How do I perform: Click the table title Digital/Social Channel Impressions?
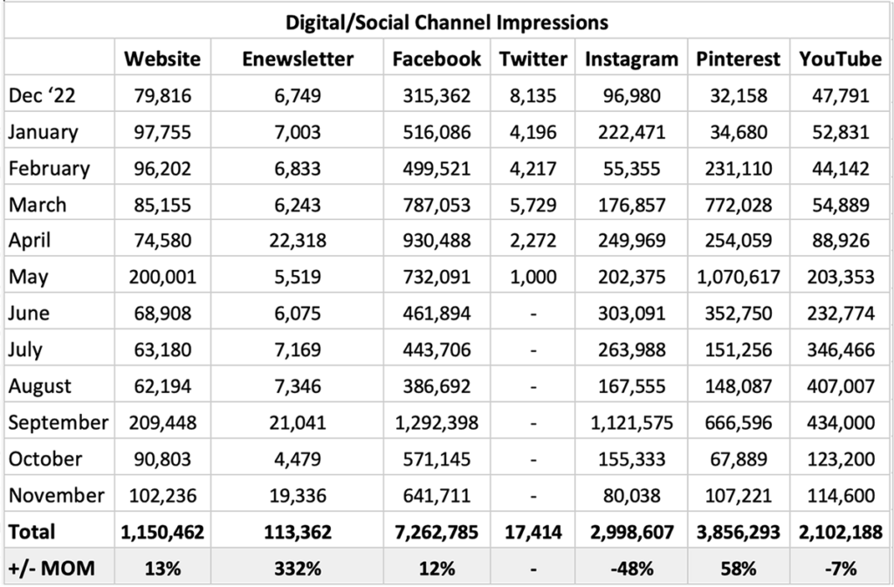[447, 20]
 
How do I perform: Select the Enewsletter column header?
[297, 59]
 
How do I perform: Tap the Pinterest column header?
[739, 59]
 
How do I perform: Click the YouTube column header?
[840, 59]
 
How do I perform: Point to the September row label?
[58, 422]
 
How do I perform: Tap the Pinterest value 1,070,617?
[739, 277]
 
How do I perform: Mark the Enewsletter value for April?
[297, 240]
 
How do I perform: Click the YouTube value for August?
[840, 385]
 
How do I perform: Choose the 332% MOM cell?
[297, 568]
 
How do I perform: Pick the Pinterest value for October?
[739, 459]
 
